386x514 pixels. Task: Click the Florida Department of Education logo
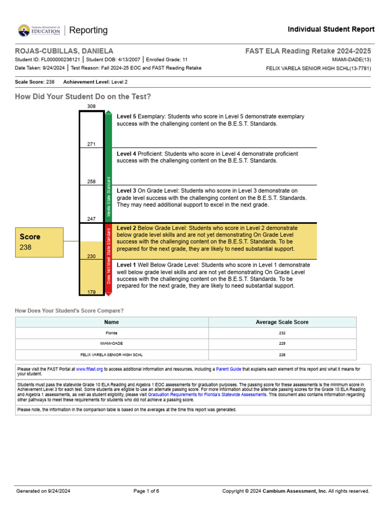[x=39, y=31]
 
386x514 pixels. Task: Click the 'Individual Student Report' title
[x=331, y=30]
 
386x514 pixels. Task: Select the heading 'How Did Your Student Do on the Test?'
[x=83, y=96]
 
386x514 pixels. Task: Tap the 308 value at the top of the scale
[x=91, y=106]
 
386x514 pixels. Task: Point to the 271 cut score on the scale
[x=91, y=144]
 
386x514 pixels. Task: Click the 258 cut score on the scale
[x=91, y=182]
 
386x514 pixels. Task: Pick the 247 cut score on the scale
[x=91, y=219]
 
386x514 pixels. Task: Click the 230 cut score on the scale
[x=91, y=256]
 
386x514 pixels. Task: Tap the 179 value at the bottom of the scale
[x=91, y=292]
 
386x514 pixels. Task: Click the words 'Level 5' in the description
[x=126, y=116]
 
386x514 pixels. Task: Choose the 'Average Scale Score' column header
[x=282, y=322]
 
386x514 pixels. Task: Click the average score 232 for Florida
[x=282, y=333]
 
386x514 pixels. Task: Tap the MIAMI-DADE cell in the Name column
[x=112, y=344]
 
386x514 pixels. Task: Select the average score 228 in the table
[x=282, y=354]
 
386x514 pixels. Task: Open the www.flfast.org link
[x=89, y=369]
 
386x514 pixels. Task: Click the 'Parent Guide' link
[x=229, y=369]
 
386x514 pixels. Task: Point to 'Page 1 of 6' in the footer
[x=146, y=491]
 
